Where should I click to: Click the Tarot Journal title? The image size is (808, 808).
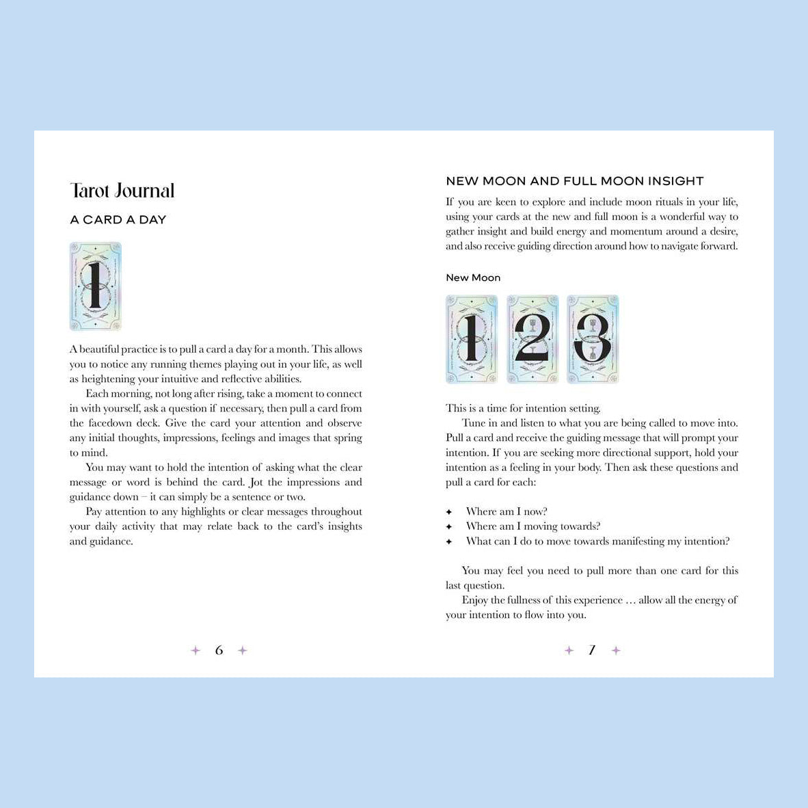click(122, 191)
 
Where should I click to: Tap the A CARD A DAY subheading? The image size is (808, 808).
click(118, 219)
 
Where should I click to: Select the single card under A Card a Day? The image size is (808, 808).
click(96, 286)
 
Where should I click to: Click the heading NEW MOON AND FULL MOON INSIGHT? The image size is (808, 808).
click(574, 181)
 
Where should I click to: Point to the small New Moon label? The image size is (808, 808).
click(473, 278)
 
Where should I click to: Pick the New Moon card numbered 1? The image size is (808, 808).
click(472, 339)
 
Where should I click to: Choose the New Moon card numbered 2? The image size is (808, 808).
click(533, 339)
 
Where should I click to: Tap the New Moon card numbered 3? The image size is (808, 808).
click(593, 339)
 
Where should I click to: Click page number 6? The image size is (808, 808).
click(219, 650)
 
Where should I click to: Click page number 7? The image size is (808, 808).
click(592, 650)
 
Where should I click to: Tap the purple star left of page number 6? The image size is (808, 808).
click(196, 650)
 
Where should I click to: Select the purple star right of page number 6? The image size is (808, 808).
click(242, 650)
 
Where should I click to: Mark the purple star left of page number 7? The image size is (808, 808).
click(569, 650)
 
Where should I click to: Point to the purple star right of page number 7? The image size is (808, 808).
click(616, 650)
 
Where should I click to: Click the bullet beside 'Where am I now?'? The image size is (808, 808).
click(449, 512)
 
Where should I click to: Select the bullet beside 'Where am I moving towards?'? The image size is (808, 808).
click(449, 527)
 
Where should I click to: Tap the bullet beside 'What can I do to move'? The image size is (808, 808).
click(449, 542)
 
